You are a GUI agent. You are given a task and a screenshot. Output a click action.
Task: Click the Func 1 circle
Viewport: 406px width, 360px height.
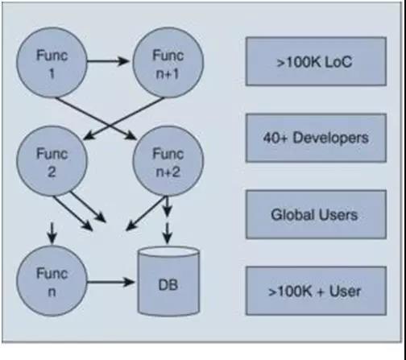click(52, 62)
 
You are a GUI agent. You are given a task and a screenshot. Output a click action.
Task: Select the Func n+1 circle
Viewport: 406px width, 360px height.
click(168, 62)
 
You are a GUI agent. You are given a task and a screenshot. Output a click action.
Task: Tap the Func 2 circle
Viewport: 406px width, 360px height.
click(52, 161)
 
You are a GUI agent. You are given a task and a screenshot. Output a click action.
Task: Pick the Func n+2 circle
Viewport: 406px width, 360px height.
click(168, 161)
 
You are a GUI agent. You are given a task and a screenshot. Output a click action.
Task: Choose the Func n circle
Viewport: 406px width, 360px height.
click(52, 281)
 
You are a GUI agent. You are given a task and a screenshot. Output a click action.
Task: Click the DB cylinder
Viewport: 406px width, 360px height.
click(168, 281)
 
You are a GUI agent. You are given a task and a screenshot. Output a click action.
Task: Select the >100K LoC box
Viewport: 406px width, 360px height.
click(316, 61)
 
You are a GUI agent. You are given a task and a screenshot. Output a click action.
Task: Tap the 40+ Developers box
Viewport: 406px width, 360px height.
click(316, 138)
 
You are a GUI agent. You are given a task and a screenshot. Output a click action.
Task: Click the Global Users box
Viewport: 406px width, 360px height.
click(316, 214)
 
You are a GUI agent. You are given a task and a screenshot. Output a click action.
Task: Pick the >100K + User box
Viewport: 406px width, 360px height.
click(316, 291)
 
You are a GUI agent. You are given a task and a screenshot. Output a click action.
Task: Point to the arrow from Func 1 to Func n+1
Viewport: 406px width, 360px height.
click(108, 61)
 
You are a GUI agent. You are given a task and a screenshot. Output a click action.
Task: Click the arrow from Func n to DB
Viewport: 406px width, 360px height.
click(110, 282)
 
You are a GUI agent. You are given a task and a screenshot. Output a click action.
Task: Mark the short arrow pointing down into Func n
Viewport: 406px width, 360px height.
click(52, 233)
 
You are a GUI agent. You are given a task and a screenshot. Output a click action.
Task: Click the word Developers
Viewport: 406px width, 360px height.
click(330, 138)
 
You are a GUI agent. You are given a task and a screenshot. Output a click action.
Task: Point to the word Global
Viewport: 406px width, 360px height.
click(292, 215)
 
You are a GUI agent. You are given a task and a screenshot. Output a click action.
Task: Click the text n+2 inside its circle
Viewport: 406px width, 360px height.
click(168, 172)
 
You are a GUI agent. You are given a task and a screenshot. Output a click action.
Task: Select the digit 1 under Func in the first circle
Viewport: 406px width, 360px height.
click(52, 73)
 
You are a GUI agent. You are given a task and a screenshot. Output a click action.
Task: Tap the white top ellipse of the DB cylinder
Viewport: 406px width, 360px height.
click(168, 253)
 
